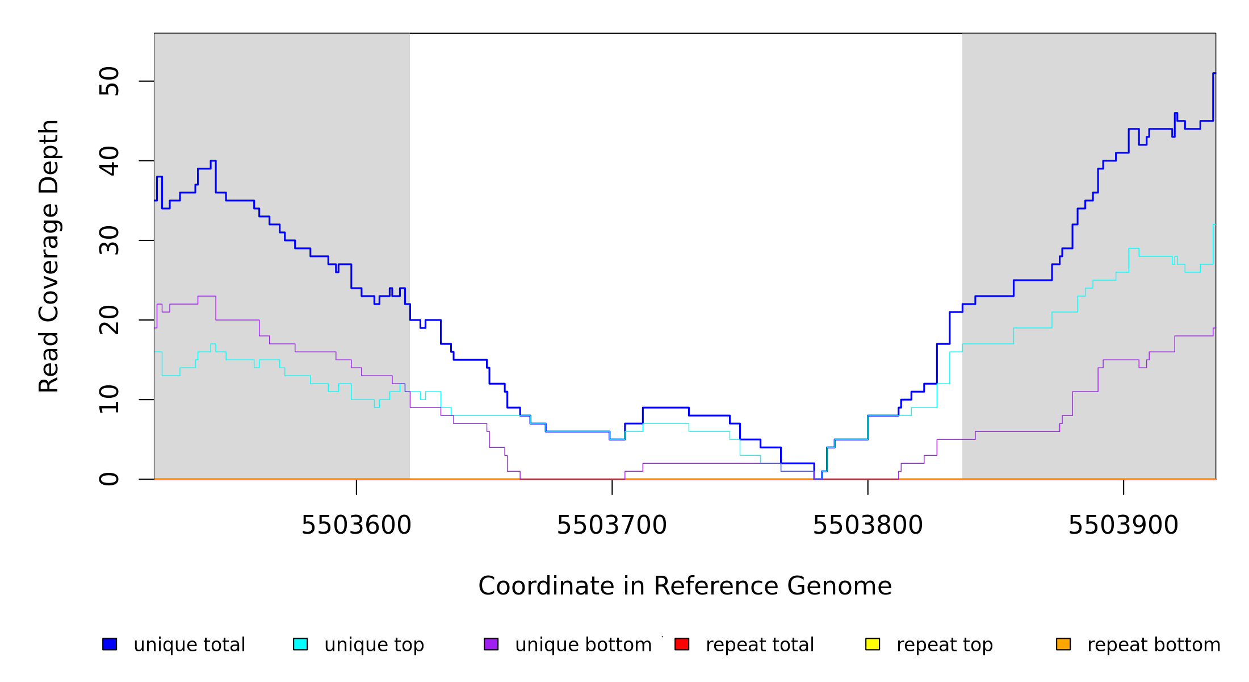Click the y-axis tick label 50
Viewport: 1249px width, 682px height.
(109, 81)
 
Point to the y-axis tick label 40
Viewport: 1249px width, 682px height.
(109, 161)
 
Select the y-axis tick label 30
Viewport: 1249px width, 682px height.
(109, 240)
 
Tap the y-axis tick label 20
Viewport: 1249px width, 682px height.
(109, 320)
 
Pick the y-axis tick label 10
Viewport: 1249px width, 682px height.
(109, 400)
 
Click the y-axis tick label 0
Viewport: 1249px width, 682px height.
(109, 479)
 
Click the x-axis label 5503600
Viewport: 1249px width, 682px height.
(356, 526)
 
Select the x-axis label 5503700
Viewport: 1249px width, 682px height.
(611, 526)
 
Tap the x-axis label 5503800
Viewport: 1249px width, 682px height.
(867, 526)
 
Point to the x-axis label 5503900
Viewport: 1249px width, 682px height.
(1123, 526)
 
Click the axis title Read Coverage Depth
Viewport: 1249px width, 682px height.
(49, 256)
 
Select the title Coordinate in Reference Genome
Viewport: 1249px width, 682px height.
(685, 587)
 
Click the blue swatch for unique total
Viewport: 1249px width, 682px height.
(110, 644)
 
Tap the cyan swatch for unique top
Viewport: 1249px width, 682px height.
(300, 644)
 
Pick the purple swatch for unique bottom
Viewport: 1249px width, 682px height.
(491, 644)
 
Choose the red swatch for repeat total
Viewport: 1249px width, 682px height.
(682, 644)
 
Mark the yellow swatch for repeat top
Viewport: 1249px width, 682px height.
(873, 644)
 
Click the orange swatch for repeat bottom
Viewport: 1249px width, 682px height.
(1063, 644)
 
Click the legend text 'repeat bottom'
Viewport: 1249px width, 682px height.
(1154, 645)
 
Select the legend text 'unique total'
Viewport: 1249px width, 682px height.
(189, 645)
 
